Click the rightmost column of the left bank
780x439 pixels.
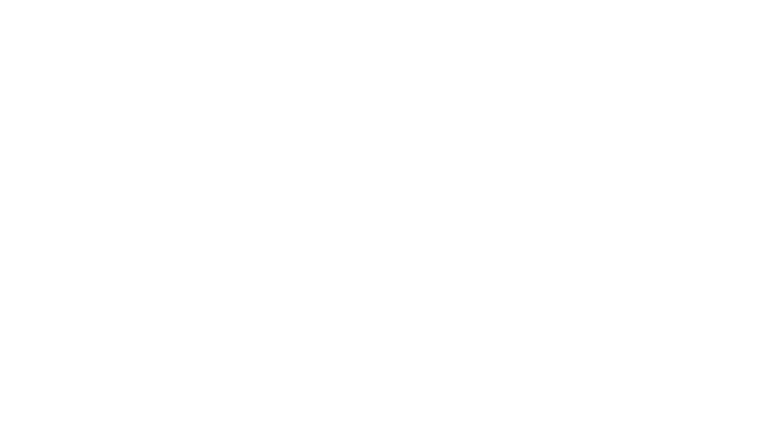click(150, 124)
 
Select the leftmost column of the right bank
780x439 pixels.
click(624, 356)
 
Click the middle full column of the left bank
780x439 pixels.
click(74, 124)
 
